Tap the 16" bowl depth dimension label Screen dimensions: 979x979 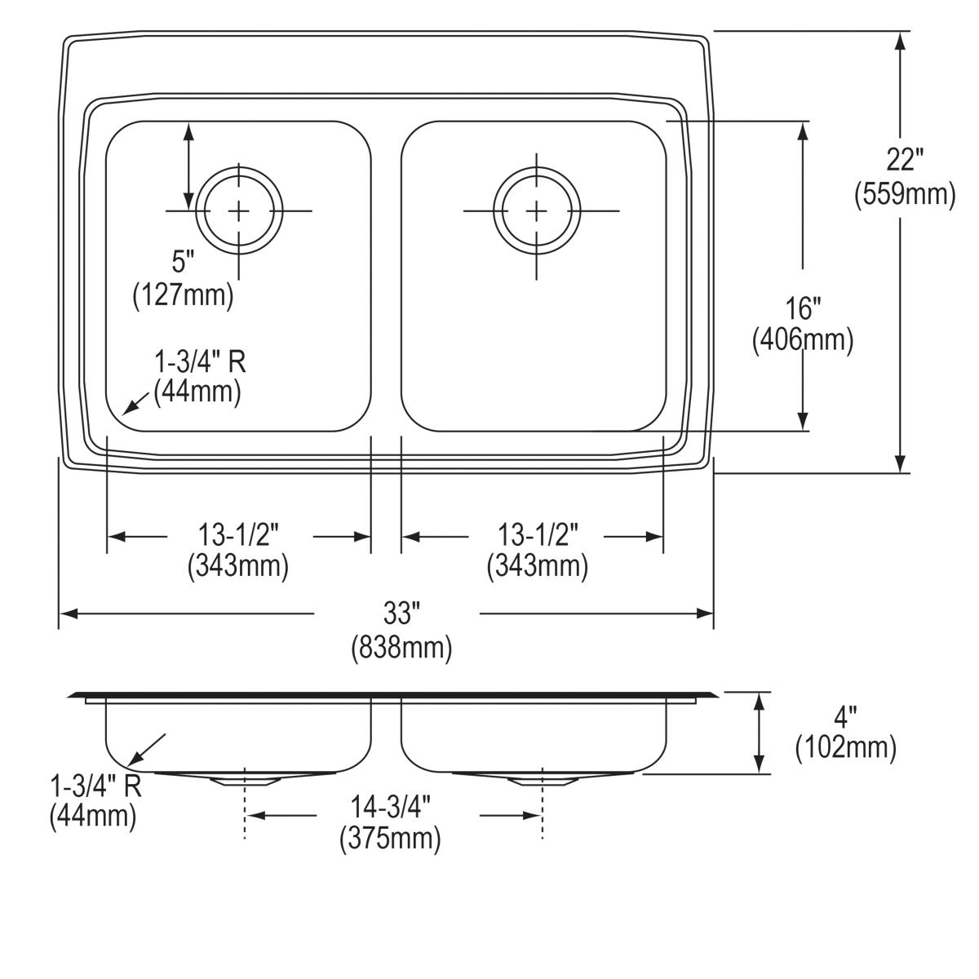(802, 308)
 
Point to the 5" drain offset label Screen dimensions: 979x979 (184, 263)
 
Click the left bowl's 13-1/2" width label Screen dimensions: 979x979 (238, 535)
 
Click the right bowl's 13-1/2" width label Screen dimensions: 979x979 (538, 535)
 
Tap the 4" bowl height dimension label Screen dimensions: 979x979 (846, 717)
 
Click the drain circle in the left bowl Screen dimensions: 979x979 (239, 211)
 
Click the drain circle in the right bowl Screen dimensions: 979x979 (536, 211)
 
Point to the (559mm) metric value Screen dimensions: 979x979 (905, 195)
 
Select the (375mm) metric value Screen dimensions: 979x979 (391, 839)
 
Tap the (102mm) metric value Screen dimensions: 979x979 (846, 748)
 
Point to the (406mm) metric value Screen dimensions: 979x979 (802, 340)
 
